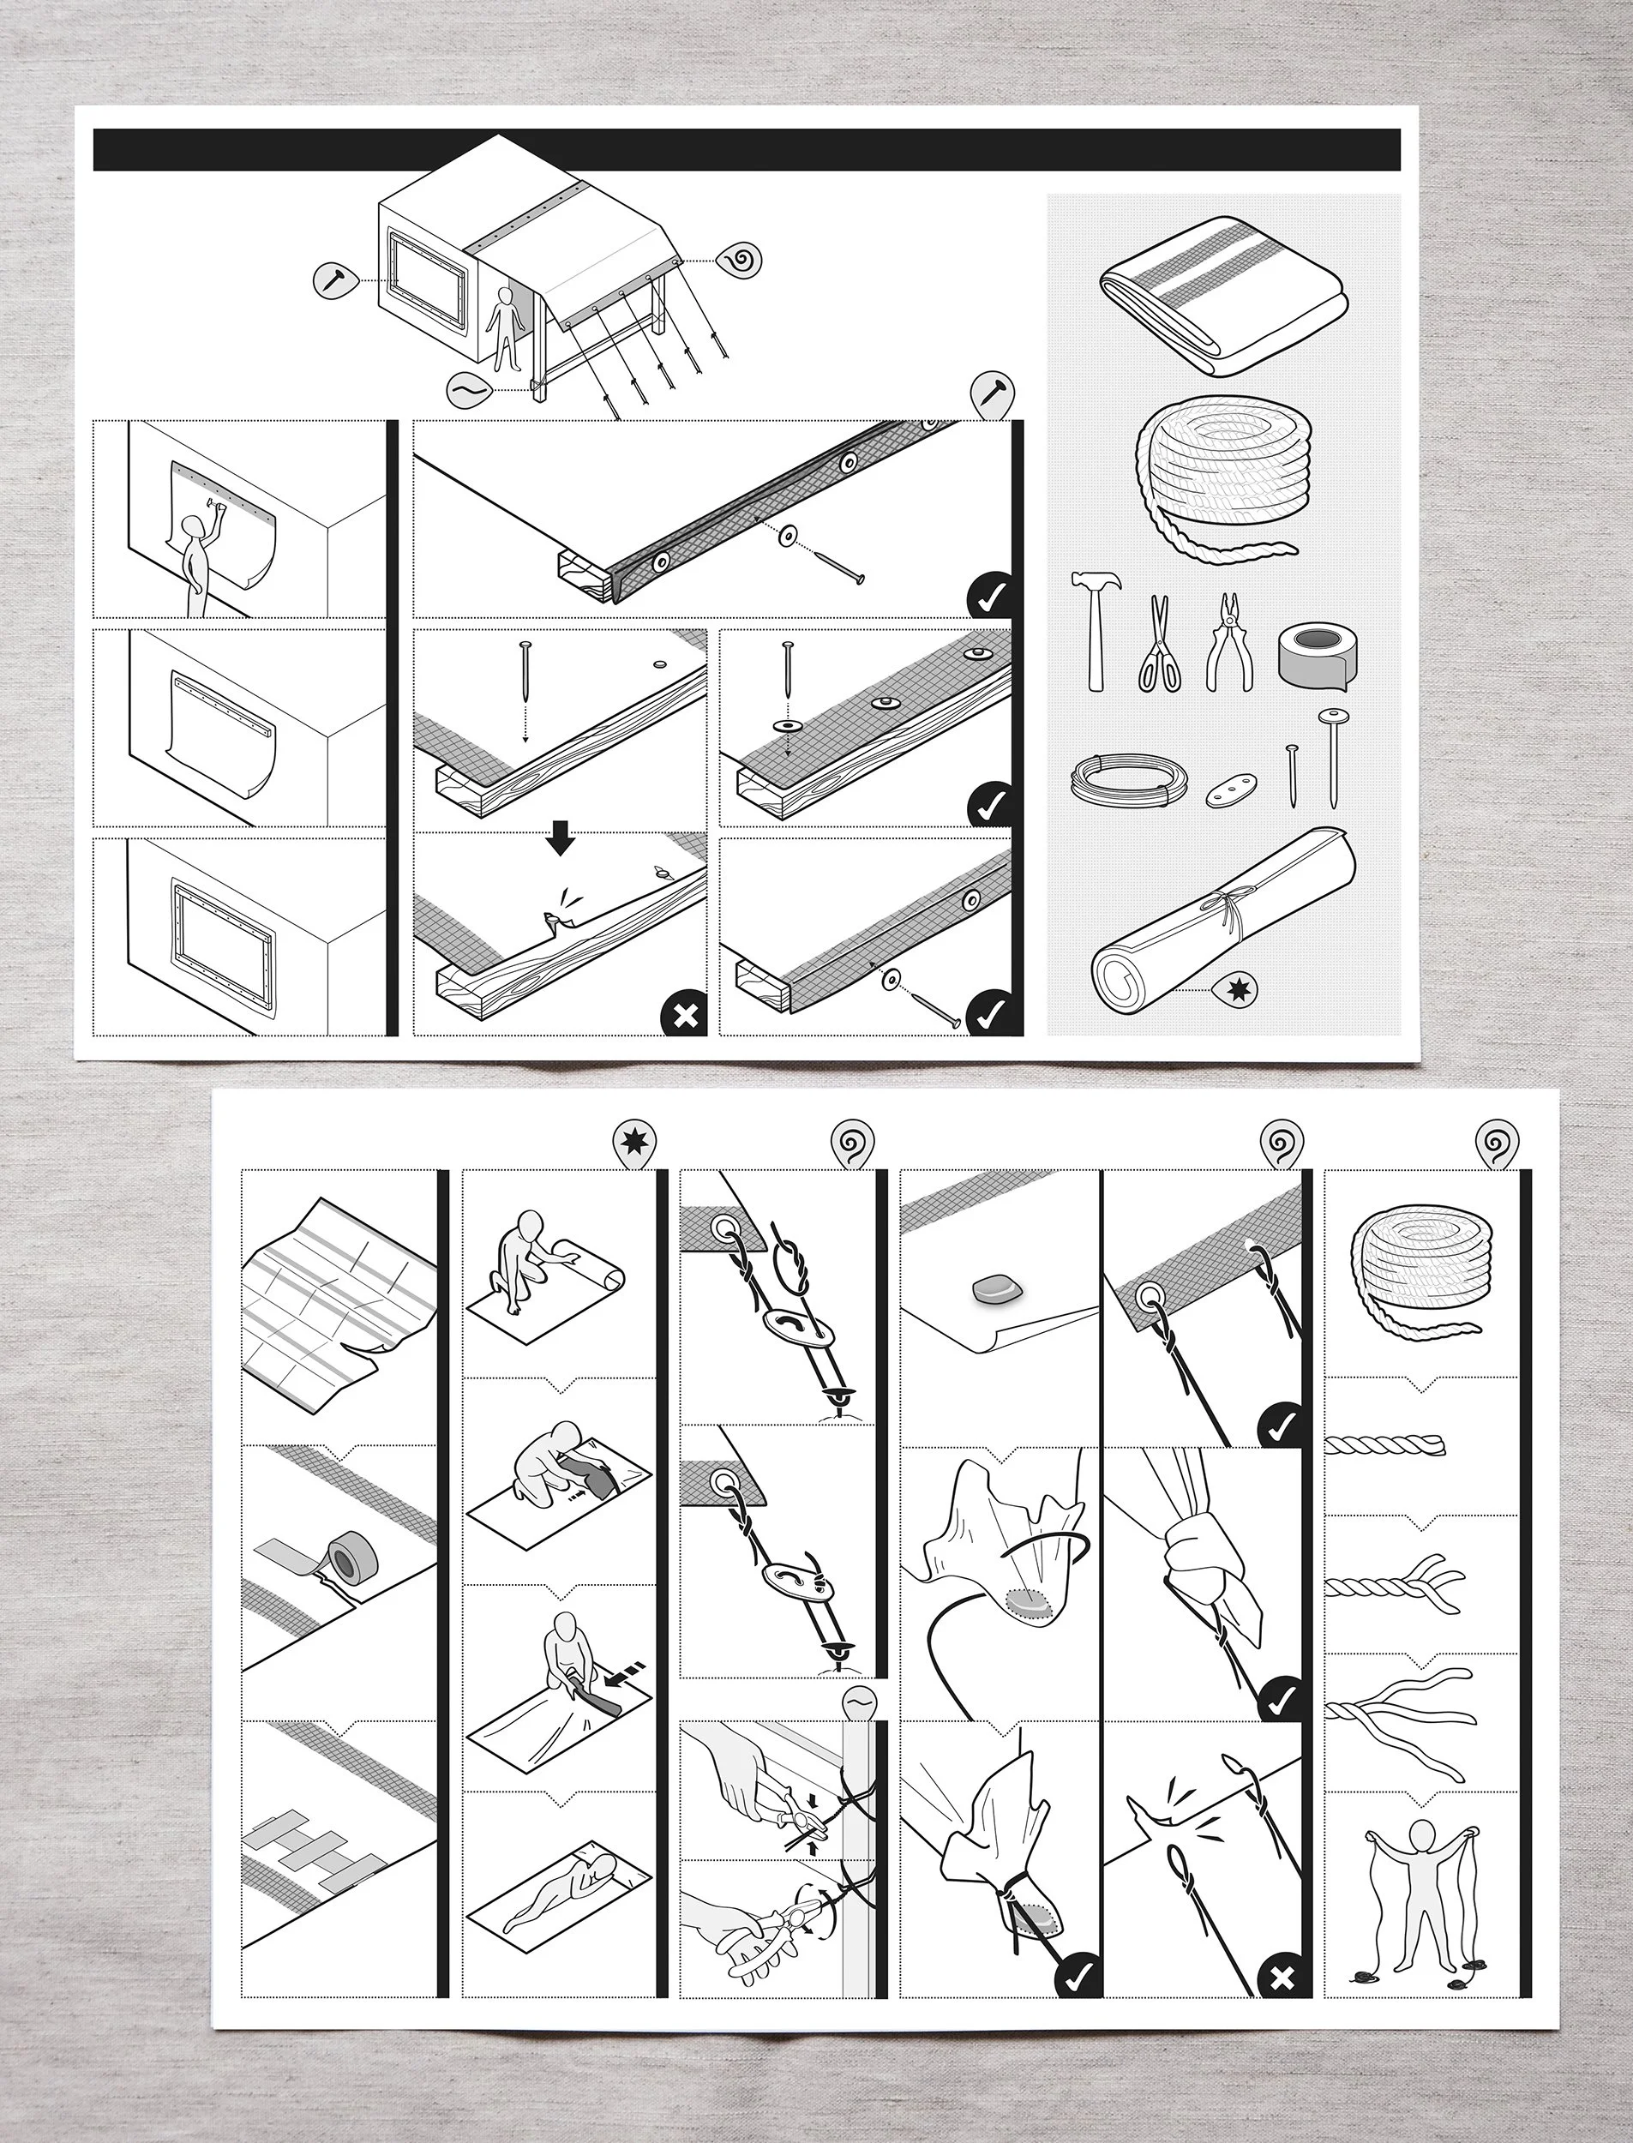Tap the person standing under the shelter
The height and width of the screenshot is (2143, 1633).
coord(502,328)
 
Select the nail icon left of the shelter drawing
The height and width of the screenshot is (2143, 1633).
coord(334,280)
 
